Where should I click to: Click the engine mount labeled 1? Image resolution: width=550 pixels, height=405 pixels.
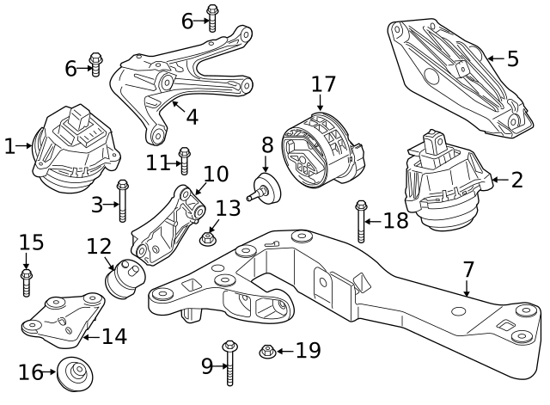point(76,150)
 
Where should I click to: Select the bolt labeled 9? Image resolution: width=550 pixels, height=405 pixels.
point(229,363)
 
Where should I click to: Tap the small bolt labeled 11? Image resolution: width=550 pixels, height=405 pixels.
point(183,161)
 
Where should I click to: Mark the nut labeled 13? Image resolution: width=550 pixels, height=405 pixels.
point(207,237)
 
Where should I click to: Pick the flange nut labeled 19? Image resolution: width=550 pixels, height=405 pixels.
point(266,350)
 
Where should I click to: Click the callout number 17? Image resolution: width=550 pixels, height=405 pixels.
point(322,84)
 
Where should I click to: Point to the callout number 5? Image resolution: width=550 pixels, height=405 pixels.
point(512,58)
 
